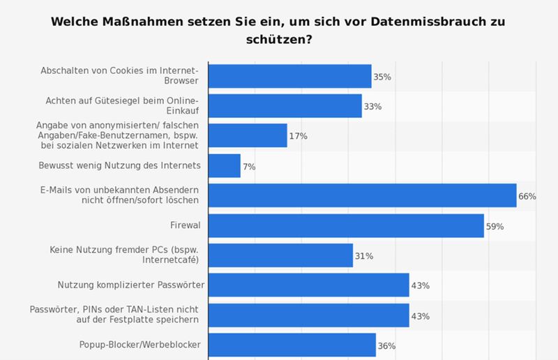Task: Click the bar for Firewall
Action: [x=346, y=226]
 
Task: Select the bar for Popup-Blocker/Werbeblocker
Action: [x=292, y=345]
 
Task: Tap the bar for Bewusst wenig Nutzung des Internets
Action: [x=225, y=166]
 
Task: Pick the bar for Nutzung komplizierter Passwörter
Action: [x=308, y=285]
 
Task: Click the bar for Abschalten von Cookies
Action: [x=289, y=76]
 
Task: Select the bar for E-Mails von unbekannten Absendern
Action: [x=362, y=196]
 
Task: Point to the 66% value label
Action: [x=527, y=197]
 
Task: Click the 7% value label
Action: [x=249, y=167]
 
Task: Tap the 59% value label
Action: [x=495, y=227]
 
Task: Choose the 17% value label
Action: [x=298, y=136]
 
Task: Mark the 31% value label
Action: [x=364, y=256]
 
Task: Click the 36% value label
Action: [x=386, y=346]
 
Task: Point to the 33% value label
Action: [x=372, y=107]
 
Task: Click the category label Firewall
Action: [x=185, y=226]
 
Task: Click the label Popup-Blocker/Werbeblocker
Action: [x=140, y=345]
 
